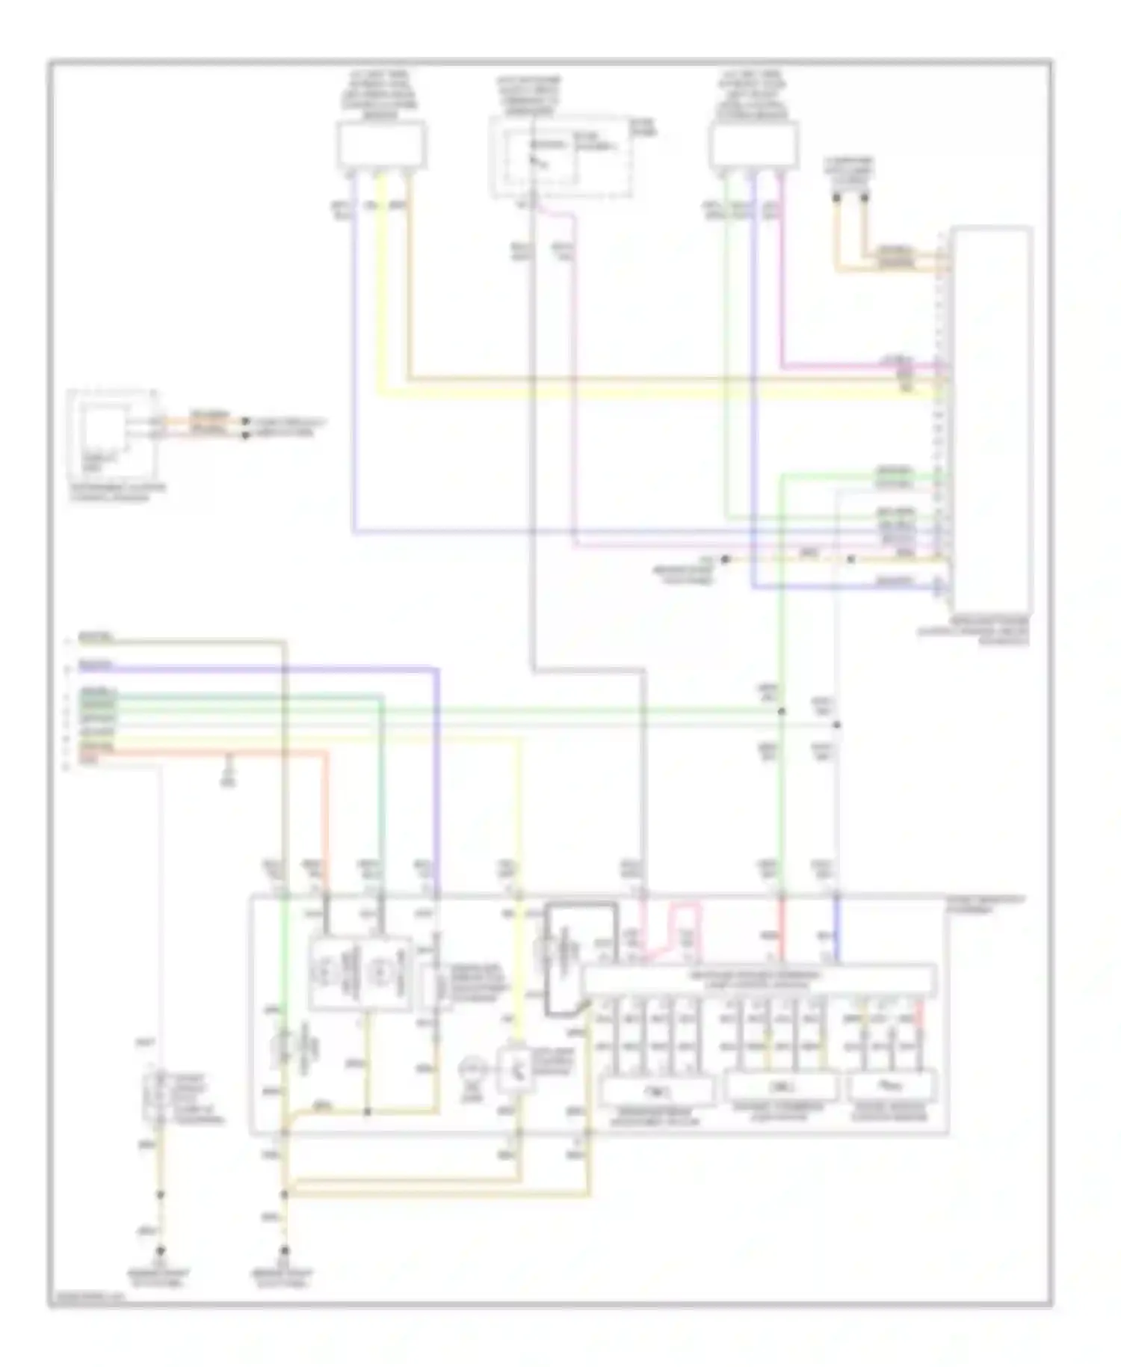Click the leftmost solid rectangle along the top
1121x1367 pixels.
(381, 144)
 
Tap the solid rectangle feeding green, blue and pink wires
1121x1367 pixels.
(753, 144)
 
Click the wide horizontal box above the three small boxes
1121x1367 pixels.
(759, 979)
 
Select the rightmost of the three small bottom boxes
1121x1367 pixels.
(892, 1085)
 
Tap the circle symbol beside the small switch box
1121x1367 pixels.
(473, 1071)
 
